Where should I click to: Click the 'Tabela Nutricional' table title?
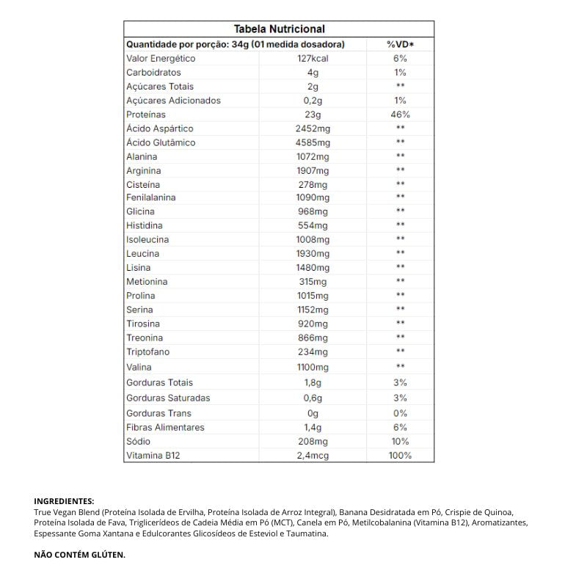pos(279,29)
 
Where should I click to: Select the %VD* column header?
pos(400,45)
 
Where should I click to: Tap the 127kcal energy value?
pos(313,59)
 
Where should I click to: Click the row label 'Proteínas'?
pos(146,114)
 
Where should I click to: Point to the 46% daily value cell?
pos(400,114)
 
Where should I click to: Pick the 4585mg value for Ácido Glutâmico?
pos(313,142)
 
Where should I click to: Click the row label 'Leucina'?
pos(142,254)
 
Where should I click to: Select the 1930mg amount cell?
pos(313,254)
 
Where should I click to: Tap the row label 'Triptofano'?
pos(147,352)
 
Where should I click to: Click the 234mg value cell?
pos(313,352)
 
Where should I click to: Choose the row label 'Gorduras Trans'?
pos(158,413)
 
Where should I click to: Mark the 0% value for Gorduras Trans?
pos(400,413)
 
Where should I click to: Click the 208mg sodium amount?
pos(313,442)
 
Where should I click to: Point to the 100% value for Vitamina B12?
pos(400,456)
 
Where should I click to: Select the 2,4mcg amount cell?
pos(313,456)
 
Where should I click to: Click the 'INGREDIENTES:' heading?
pos(64,501)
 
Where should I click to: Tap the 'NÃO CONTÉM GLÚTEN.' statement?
pos(79,555)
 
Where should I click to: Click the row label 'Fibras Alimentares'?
pos(165,427)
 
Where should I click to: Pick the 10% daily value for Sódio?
pos(400,442)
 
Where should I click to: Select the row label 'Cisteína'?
pos(142,184)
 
